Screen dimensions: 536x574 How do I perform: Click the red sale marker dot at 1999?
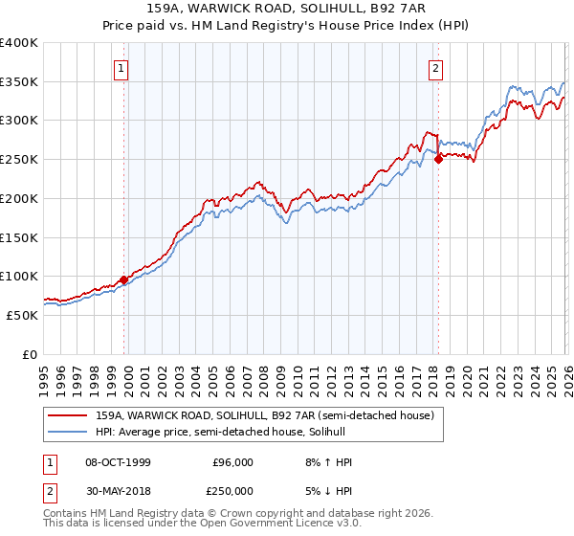124,279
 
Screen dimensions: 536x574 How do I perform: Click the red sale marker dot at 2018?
438,160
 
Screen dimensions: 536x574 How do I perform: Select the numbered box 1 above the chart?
122,68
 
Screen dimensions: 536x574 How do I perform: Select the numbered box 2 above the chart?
435,68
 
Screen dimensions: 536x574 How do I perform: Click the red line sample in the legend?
69,415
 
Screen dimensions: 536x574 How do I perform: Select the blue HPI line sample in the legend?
69,432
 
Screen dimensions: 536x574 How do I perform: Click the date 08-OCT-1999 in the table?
118,462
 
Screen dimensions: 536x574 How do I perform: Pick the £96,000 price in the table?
232,462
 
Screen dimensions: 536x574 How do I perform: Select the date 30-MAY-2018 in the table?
118,491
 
